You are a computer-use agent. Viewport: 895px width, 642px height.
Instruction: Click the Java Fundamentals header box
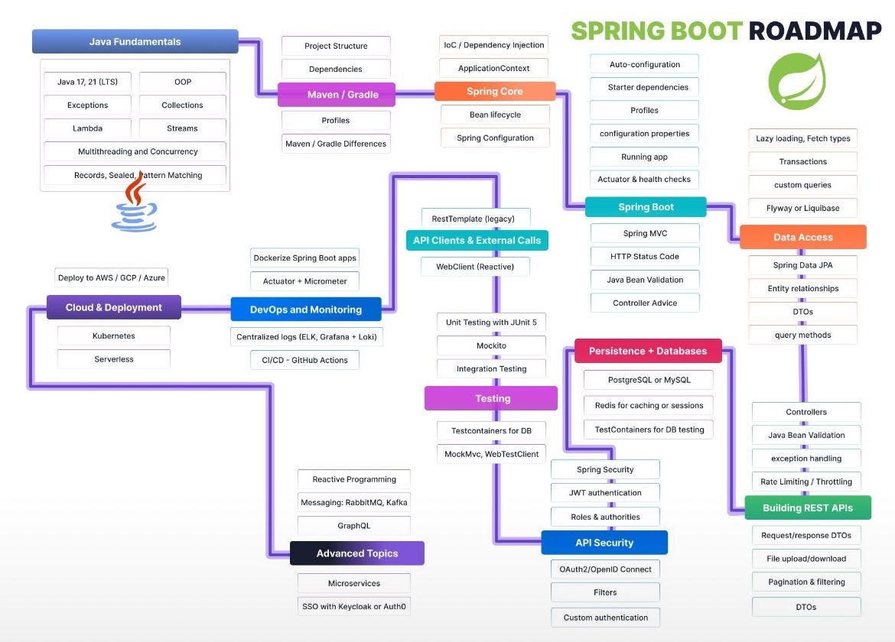[x=135, y=41]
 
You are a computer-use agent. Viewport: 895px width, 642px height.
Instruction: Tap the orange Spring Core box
[x=494, y=92]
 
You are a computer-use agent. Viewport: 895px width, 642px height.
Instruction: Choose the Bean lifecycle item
[x=495, y=115]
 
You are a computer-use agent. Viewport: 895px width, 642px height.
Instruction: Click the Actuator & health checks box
[x=644, y=180]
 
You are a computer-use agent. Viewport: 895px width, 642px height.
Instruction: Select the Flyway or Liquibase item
[x=802, y=208]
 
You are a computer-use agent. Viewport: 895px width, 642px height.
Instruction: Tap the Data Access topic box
[x=802, y=237]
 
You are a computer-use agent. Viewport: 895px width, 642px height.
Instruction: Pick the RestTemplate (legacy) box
[x=475, y=219]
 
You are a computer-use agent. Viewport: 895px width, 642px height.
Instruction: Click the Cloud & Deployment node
[x=113, y=307]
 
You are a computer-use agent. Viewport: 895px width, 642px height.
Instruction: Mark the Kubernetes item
[x=113, y=336]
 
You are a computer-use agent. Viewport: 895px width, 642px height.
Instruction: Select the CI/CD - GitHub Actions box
[x=304, y=360]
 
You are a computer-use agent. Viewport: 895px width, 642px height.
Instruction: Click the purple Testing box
[x=492, y=398]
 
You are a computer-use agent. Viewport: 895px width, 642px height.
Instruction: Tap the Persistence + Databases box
[x=647, y=352]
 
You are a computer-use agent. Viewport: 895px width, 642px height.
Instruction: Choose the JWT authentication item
[x=604, y=493]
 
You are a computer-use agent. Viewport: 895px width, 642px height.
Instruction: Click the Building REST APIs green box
[x=807, y=507]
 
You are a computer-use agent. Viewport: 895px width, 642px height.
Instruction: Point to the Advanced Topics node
[x=357, y=553]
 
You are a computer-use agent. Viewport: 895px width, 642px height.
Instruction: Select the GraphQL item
[x=353, y=526]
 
